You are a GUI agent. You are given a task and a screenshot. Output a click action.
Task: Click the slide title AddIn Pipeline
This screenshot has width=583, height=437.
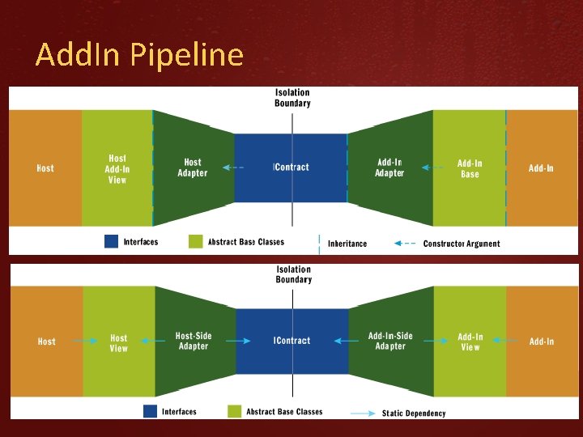139,55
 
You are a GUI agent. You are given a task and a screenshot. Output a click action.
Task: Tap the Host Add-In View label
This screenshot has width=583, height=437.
117,168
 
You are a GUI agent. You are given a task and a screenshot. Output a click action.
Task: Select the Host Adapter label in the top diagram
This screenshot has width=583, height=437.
193,168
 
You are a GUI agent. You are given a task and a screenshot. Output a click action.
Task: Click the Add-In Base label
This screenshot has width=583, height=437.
470,168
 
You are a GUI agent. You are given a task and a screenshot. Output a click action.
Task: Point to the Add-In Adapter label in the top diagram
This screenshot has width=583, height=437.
389,168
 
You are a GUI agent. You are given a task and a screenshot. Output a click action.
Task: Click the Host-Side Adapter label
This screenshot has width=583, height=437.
193,341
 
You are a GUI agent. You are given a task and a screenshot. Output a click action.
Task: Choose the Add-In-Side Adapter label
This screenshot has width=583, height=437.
390,341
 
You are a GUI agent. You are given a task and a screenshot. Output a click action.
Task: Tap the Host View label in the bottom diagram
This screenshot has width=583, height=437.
119,343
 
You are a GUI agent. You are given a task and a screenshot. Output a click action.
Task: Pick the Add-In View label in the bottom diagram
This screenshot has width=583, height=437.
470,342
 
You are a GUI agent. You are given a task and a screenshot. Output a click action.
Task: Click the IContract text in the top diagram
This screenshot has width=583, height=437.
291,168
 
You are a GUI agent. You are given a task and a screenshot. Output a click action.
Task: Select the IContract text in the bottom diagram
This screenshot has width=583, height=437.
292,341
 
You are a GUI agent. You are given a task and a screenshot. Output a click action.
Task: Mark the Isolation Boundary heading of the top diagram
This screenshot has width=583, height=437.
292,98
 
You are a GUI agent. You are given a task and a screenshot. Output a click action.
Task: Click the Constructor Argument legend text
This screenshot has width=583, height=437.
462,244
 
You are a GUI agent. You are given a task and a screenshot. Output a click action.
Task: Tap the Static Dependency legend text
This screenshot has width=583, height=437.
414,414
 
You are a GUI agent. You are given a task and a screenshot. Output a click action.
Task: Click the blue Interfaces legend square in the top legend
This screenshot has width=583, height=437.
112,241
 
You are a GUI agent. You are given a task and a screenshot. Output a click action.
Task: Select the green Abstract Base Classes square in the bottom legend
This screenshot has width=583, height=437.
235,411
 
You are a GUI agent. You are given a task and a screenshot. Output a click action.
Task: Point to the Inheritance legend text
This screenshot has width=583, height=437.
347,244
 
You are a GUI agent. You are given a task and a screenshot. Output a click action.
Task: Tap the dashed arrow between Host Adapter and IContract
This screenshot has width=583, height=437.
234,168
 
